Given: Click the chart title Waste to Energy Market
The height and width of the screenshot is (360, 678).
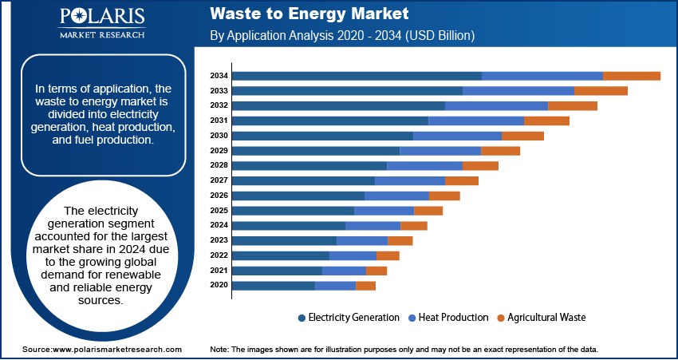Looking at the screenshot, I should pos(309,14).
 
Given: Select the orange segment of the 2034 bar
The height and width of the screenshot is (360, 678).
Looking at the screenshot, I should pos(631,76).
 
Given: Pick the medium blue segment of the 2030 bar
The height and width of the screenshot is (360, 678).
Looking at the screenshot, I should pos(457,136).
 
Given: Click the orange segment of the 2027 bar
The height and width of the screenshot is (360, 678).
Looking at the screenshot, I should pos(461,180).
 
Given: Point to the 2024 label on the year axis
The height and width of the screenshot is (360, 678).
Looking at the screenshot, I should pos(219,225).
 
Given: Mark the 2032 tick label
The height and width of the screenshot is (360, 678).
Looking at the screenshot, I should pos(219,105).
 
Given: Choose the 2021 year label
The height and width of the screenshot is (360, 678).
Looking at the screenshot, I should pos(219,271).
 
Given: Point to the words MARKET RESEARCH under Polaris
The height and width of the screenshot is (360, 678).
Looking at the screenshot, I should pos(101,35).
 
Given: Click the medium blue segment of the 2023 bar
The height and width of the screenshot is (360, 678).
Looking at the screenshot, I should pos(362,240).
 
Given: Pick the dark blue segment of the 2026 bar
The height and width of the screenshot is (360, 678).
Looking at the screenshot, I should pos(298,196).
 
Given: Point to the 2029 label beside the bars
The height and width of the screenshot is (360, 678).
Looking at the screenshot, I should pos(219,151).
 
